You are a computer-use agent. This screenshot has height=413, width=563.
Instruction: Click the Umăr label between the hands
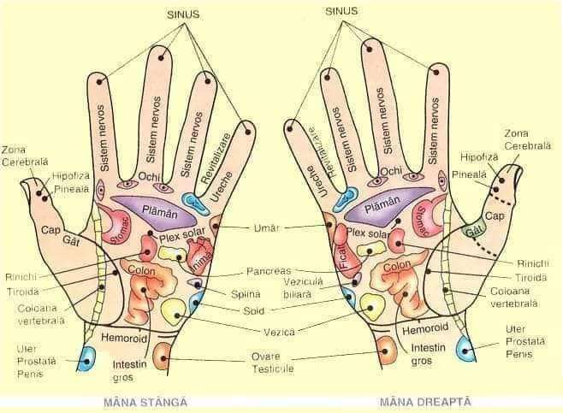pos(268,228)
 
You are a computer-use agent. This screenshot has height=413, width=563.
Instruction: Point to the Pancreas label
pos(268,271)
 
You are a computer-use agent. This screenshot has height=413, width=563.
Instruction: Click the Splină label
pos(246,294)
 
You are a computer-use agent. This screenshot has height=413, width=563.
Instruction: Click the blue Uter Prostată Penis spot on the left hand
pos(86,358)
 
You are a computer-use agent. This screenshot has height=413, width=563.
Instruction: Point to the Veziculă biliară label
pos(294,288)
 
